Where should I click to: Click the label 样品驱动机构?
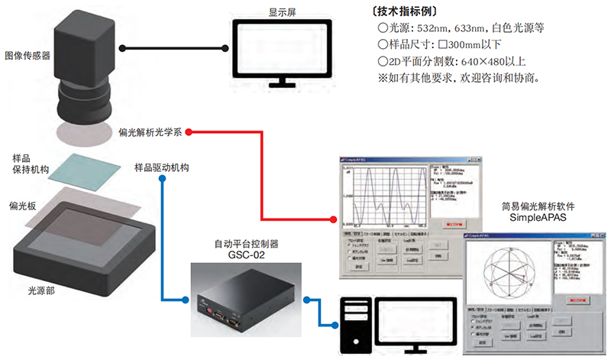[162, 167]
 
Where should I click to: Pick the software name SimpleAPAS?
[538, 218]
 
